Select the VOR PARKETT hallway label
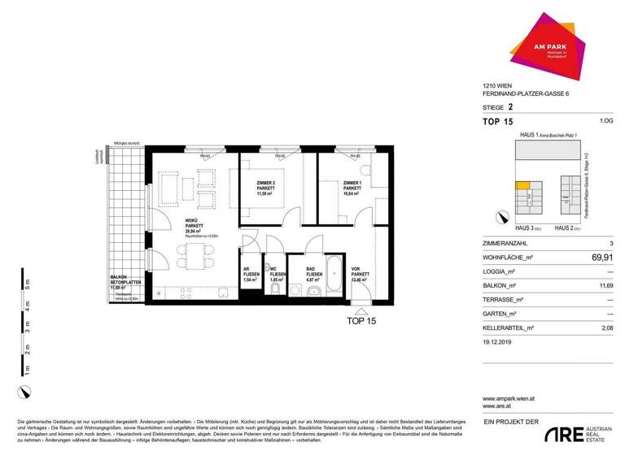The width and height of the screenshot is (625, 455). (x=355, y=274)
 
